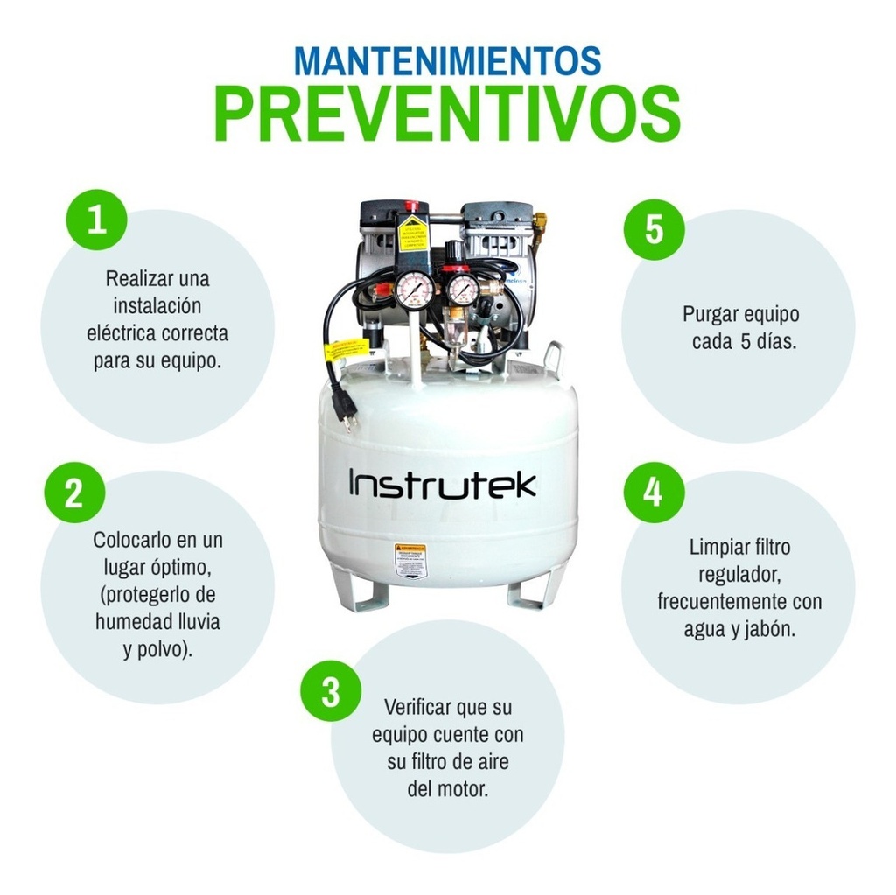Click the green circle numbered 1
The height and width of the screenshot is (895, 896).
97,220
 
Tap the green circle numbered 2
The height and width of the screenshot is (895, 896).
73,493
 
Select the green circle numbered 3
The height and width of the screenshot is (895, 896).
331,691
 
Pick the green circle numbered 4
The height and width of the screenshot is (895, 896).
654,493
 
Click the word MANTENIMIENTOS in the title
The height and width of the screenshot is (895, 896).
447,60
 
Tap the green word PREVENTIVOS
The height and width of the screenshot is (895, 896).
447,115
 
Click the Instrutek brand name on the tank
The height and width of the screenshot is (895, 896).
443,483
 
